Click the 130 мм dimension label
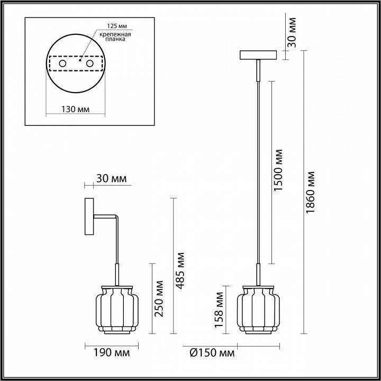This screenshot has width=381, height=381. coord(75,109)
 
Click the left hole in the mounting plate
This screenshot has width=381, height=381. coord(62,64)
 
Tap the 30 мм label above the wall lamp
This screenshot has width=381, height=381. coord(111,179)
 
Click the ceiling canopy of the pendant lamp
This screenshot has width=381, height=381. coord(259,55)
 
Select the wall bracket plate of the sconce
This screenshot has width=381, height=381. coord(89,217)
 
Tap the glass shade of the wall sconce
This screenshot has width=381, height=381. coord(116,310)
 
